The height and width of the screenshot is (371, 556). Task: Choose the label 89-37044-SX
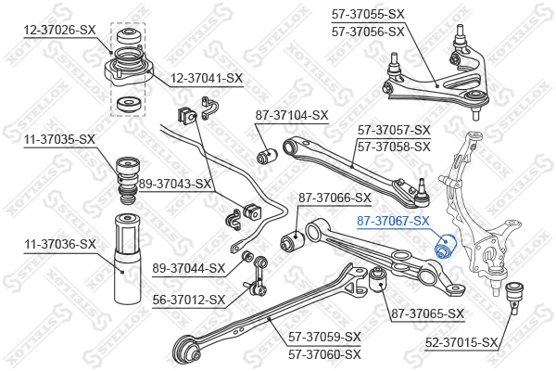click(x=188, y=268)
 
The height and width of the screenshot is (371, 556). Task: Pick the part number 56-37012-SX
click(x=188, y=300)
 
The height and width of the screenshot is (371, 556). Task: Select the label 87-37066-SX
click(x=334, y=198)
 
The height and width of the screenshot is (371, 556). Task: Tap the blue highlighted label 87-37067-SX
click(x=394, y=221)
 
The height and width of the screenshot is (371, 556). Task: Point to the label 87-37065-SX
click(x=427, y=313)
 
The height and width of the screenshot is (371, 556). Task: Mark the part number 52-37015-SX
click(x=461, y=343)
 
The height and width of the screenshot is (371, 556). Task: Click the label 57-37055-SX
click(x=368, y=14)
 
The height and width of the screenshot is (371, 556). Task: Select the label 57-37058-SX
click(x=394, y=147)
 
